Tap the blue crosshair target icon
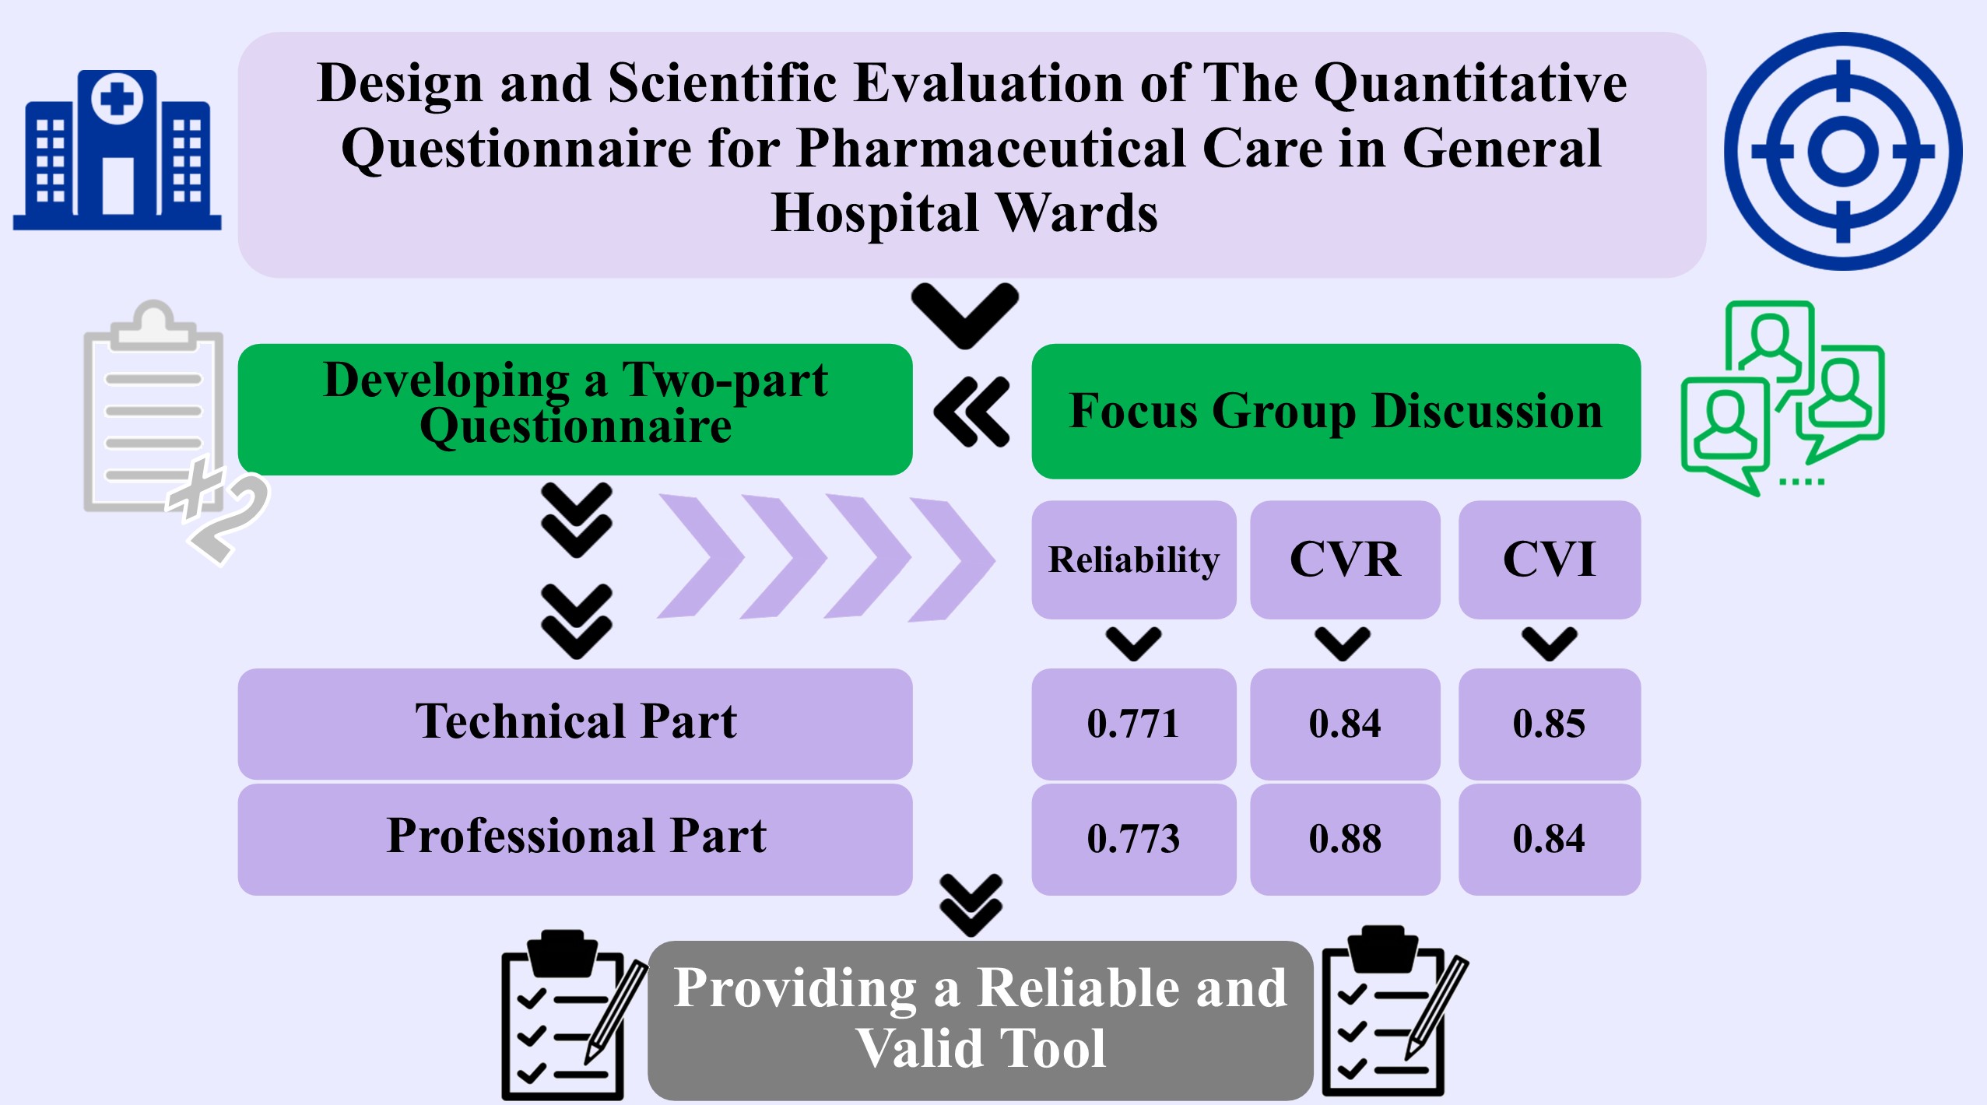(x=1842, y=151)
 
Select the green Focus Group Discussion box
(x=1336, y=411)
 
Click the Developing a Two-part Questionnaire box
(x=575, y=409)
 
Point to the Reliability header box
(x=1134, y=560)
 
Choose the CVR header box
(x=1345, y=560)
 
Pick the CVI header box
(x=1549, y=560)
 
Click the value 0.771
(x=1133, y=723)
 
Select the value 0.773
(x=1133, y=838)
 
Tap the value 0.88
(x=1345, y=838)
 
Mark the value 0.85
(x=1549, y=723)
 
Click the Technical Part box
(x=575, y=724)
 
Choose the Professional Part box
(x=575, y=839)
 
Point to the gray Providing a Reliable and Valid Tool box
(x=980, y=1019)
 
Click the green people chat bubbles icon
(x=1782, y=398)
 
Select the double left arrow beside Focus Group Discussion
(x=971, y=412)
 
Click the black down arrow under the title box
(x=965, y=315)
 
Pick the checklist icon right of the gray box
(x=1393, y=1012)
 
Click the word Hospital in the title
(x=875, y=213)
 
